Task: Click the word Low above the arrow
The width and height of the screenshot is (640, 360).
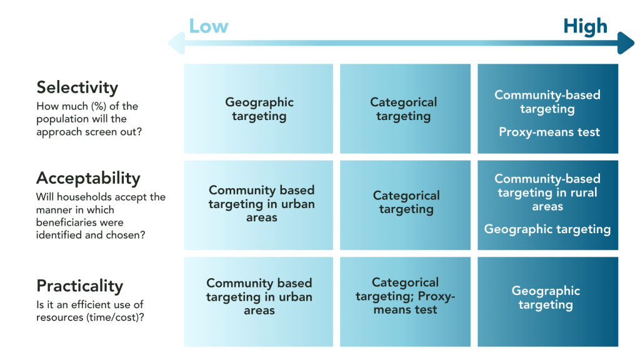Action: coord(209,26)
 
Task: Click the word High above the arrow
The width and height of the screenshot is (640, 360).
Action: coord(584,26)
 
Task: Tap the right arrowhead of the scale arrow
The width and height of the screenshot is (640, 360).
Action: coord(626,44)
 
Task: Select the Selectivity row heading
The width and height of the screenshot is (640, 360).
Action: coord(77,87)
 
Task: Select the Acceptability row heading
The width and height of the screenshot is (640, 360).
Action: coord(88,178)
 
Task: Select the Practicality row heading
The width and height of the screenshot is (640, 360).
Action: coord(80,286)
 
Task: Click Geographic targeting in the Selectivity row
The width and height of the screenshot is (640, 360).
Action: coord(259,109)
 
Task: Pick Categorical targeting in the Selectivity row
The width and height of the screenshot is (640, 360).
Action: coord(404,109)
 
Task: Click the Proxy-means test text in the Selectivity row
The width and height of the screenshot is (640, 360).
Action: coord(549,132)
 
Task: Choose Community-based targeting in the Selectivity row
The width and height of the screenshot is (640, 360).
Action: coord(547,102)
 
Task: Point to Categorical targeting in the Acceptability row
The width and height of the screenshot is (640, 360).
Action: coord(406,202)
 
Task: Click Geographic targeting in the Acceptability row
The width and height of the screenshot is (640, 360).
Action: coord(547,229)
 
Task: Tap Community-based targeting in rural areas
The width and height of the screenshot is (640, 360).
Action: coord(547,192)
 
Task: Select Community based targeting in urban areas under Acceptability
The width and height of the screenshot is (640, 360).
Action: coord(261,204)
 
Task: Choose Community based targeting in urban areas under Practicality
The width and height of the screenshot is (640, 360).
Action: coord(259,297)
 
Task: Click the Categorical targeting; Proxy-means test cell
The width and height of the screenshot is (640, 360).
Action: coord(405,296)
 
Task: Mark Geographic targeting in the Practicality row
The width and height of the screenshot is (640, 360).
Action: coord(546,297)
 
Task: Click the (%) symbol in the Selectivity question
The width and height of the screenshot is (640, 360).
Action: coord(97,107)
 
